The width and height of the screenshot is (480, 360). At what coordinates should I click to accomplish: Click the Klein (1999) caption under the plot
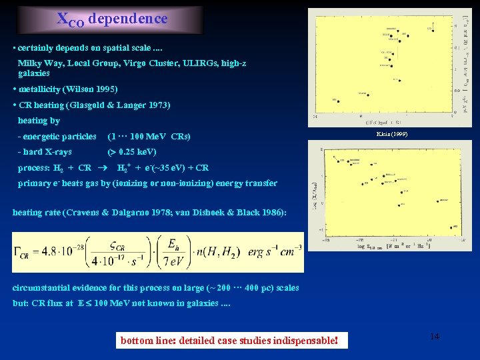click(392, 135)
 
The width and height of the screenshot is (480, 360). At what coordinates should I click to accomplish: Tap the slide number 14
click(435, 337)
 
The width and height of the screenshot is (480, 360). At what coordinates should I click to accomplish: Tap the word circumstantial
click(43, 288)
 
